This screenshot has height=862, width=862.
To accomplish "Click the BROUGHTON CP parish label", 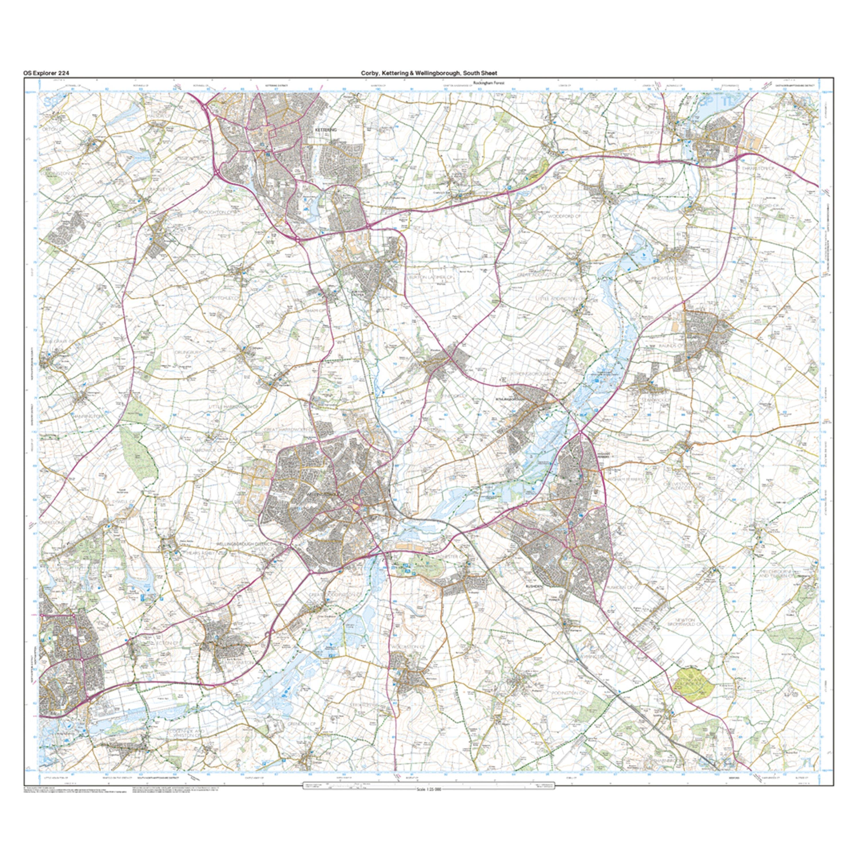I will click(217, 212).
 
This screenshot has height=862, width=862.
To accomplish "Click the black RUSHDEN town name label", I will click(534, 587).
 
